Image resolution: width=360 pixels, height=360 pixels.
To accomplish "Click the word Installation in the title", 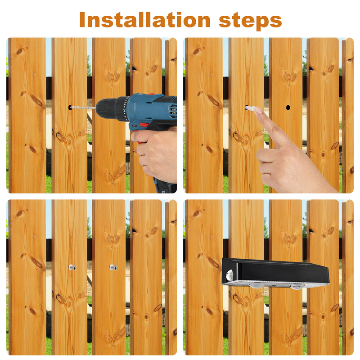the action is tap(145, 20).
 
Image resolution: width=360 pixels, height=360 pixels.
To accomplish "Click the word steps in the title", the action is tap(250, 21).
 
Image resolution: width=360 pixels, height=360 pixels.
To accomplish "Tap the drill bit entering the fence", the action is tap(82, 108).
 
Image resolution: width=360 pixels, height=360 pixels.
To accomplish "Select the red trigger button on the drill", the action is tap(144, 125).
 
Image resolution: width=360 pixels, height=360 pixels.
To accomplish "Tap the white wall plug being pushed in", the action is tap(250, 108).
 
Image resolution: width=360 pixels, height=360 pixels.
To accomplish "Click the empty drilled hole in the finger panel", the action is tap(288, 108).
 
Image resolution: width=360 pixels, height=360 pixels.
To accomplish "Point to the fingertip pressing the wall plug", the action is tap(258, 110).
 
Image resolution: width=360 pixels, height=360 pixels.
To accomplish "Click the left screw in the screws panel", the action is tap(72, 267).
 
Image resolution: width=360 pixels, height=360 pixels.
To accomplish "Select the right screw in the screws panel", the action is tap(113, 267).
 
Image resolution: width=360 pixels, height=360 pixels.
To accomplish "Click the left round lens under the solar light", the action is tap(257, 285).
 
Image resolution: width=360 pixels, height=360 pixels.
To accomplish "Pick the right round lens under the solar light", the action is tap(297, 287).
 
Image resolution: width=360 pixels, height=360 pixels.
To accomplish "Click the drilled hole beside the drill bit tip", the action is tap(70, 108).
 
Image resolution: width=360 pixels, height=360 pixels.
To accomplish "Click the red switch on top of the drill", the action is tap(151, 94).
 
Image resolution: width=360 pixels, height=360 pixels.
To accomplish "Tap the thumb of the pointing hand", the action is tap(267, 153).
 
